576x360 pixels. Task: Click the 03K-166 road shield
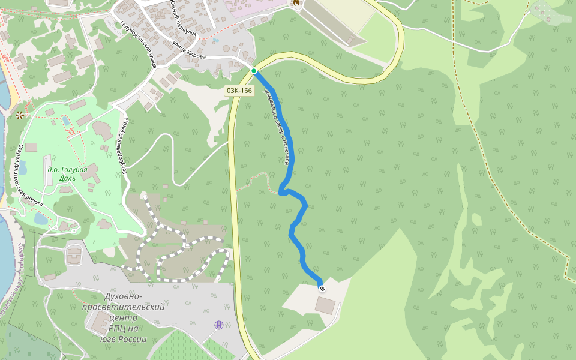[x=239, y=91]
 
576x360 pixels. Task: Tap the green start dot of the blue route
[x=254, y=71]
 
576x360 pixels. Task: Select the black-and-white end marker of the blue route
[x=322, y=289]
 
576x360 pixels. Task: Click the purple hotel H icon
[x=219, y=325]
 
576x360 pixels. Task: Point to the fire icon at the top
[x=296, y=2]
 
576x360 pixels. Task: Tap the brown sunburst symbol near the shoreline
[x=20, y=114]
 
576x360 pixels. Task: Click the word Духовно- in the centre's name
[x=124, y=296]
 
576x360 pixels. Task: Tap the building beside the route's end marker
[x=326, y=305]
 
